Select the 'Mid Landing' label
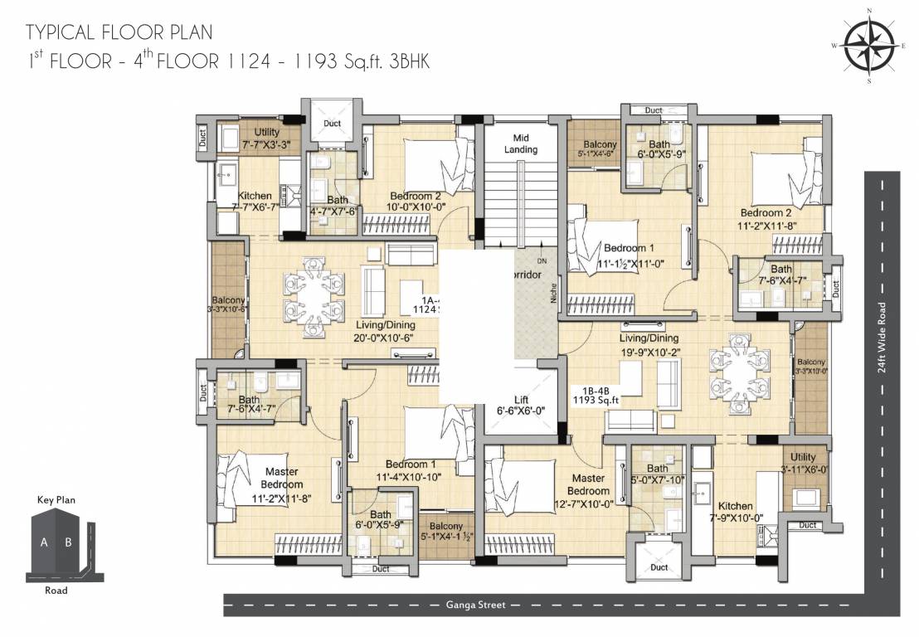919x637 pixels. click(520, 143)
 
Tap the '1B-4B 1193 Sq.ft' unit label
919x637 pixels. click(597, 394)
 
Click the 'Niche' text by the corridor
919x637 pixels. click(552, 291)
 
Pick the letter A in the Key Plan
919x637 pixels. click(43, 543)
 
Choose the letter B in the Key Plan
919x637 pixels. click(69, 543)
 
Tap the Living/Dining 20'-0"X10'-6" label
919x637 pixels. click(385, 332)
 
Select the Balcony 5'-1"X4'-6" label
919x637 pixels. click(600, 148)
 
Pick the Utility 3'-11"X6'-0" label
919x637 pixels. click(803, 463)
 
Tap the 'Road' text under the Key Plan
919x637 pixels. click(56, 591)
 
